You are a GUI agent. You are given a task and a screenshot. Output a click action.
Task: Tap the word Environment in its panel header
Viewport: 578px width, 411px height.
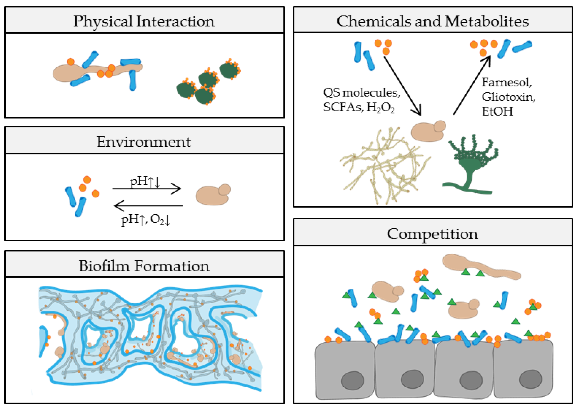pos(144,142)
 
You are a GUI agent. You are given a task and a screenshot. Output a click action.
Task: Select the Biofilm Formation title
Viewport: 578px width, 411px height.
pos(144,266)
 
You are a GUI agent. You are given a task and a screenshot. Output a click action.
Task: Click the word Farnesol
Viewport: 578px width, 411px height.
pos(506,82)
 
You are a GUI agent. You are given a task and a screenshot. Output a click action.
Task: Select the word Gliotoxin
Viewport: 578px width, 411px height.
pos(508,97)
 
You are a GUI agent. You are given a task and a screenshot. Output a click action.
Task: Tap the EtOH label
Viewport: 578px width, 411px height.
pos(497,111)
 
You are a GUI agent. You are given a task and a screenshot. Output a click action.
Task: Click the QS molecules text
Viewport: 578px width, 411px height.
pos(361,93)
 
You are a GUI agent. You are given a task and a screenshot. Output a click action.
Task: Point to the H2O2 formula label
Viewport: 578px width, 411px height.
pos(380,108)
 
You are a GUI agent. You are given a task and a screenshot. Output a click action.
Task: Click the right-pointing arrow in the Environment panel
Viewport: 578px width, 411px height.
pos(147,188)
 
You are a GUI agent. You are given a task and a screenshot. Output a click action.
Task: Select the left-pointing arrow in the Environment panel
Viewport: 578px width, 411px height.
pos(148,206)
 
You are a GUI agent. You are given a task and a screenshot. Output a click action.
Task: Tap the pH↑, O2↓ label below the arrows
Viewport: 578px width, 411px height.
pos(146,219)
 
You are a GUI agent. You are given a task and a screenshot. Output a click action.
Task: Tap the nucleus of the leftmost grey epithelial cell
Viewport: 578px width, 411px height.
pos(352,380)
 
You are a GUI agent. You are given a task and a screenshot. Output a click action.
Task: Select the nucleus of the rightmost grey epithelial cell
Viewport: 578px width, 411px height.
pos(530,379)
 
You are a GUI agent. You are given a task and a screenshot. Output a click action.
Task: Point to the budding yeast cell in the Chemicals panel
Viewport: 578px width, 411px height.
pos(428,131)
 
